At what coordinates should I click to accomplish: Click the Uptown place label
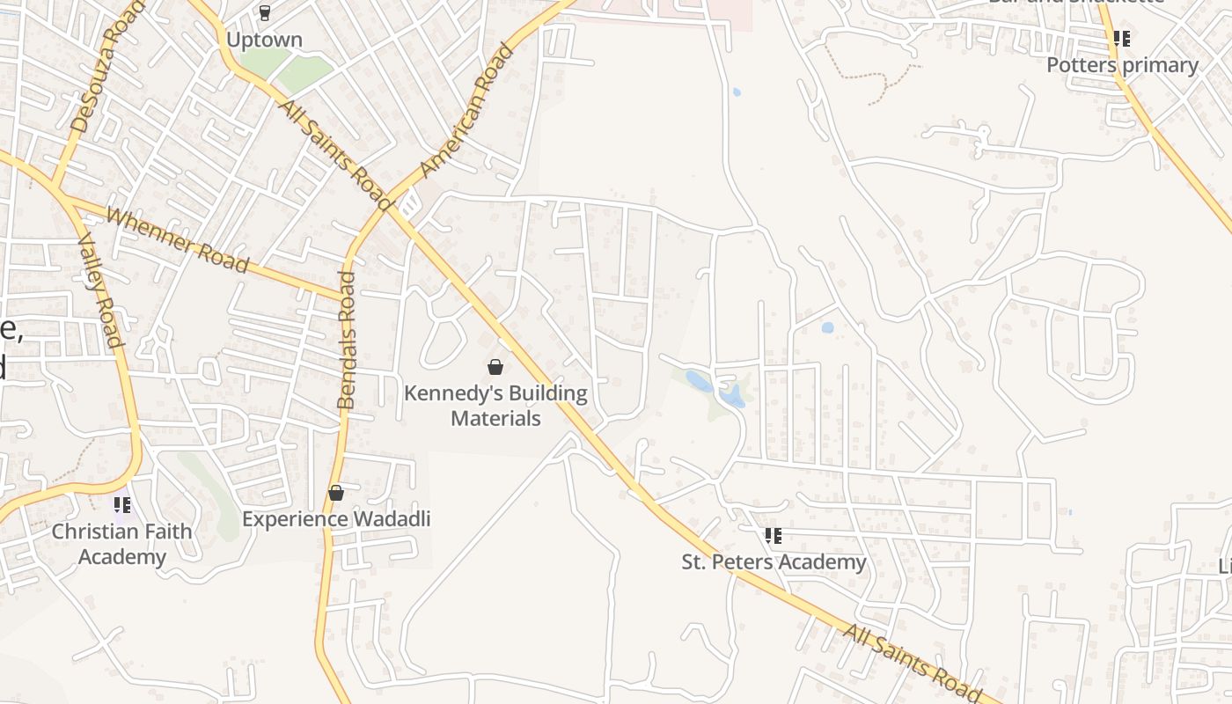pyautogui.click(x=264, y=40)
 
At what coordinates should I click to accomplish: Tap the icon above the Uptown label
pyautogui.click(x=265, y=12)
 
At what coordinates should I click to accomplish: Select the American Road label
pyautogui.click(x=467, y=111)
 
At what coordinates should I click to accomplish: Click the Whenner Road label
pyautogui.click(x=177, y=239)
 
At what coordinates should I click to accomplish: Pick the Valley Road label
pyautogui.click(x=99, y=290)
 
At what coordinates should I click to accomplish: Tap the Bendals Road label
pyautogui.click(x=347, y=340)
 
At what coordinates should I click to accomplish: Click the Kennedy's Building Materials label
pyautogui.click(x=495, y=406)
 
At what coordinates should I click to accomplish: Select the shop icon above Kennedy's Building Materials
pyautogui.click(x=495, y=367)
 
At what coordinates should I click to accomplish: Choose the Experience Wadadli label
pyautogui.click(x=336, y=519)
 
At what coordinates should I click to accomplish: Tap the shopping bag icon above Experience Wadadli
pyautogui.click(x=335, y=493)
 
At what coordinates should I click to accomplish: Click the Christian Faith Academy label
pyautogui.click(x=121, y=544)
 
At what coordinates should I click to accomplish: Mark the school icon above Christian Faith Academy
pyautogui.click(x=122, y=505)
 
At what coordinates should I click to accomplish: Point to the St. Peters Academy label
pyautogui.click(x=774, y=561)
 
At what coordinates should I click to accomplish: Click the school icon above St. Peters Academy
pyautogui.click(x=774, y=535)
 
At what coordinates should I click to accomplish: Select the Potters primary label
pyautogui.click(x=1122, y=65)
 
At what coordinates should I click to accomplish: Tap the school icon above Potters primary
pyautogui.click(x=1121, y=39)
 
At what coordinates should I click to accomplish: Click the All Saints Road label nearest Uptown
pyautogui.click(x=335, y=155)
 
